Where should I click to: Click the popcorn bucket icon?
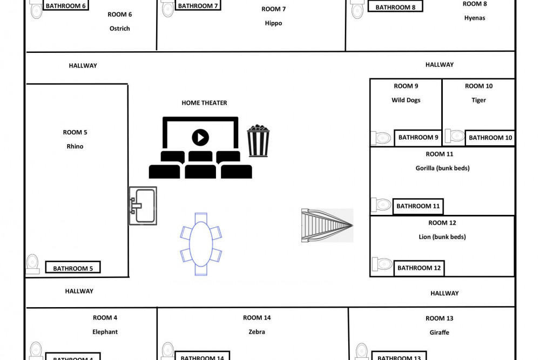click(x=258, y=141)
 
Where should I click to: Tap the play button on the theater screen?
click(x=200, y=137)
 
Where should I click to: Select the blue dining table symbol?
click(x=201, y=244)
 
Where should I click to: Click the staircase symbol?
click(x=327, y=225)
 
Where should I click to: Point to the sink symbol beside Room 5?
click(x=143, y=206)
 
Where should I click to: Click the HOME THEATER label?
click(x=204, y=103)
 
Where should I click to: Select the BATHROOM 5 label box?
click(x=73, y=268)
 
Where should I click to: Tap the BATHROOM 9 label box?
click(x=418, y=138)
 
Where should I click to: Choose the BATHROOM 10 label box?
click(x=490, y=138)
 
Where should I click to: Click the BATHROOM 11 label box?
click(x=418, y=206)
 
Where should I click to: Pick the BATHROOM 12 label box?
click(x=418, y=268)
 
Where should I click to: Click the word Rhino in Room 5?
click(x=75, y=146)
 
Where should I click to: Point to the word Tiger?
click(x=478, y=100)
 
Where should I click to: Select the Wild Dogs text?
click(x=406, y=100)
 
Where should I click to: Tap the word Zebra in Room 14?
click(x=257, y=332)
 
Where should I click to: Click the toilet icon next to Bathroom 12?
click(x=382, y=264)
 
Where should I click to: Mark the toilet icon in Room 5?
click(x=33, y=263)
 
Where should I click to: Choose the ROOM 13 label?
click(x=439, y=318)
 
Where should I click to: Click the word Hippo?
click(x=273, y=23)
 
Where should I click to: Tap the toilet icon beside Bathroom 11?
click(x=381, y=205)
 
